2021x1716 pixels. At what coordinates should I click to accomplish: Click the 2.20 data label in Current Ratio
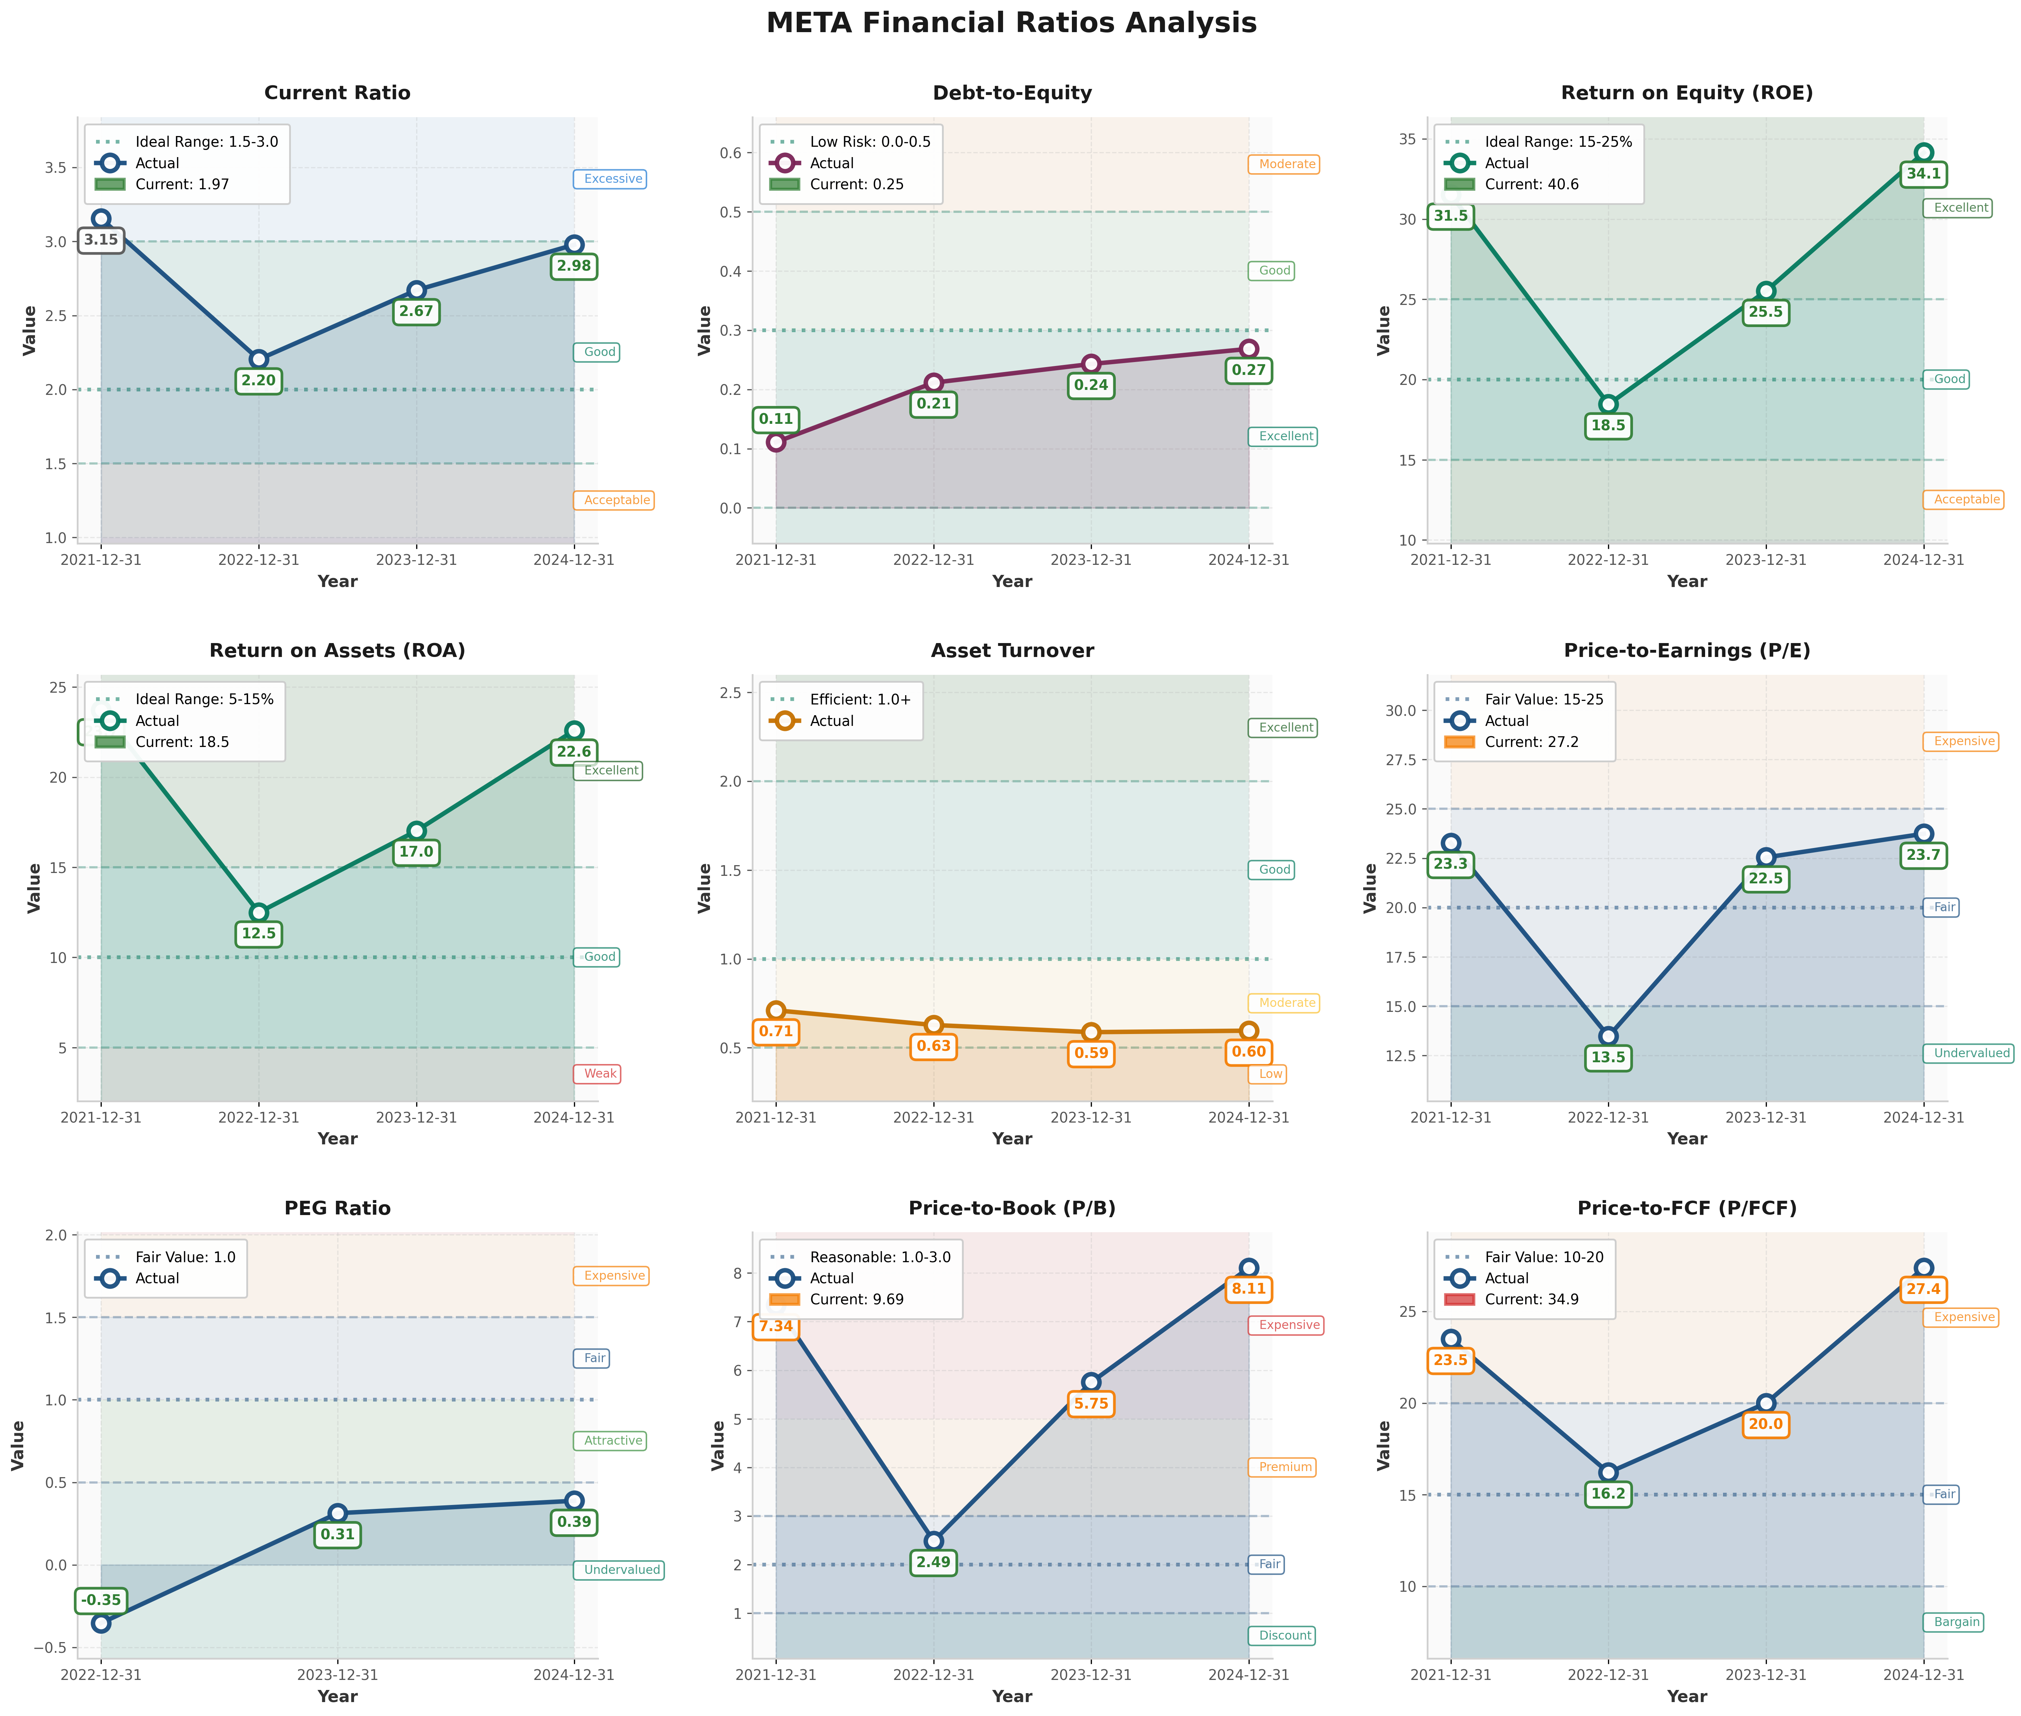[259, 380]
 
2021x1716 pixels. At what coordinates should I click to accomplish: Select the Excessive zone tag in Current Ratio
[613, 179]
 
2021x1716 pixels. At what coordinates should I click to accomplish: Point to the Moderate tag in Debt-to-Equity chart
[1287, 164]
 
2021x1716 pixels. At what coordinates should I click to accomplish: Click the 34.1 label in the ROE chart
[1923, 174]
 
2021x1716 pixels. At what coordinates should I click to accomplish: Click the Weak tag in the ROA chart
[600, 1074]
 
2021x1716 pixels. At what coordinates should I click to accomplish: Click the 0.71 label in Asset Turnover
[776, 1031]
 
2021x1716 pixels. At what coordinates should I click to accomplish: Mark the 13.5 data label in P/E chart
[1608, 1058]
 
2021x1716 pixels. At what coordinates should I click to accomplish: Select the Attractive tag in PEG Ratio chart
[613, 1441]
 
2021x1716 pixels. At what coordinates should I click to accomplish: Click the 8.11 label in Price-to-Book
[1249, 1289]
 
